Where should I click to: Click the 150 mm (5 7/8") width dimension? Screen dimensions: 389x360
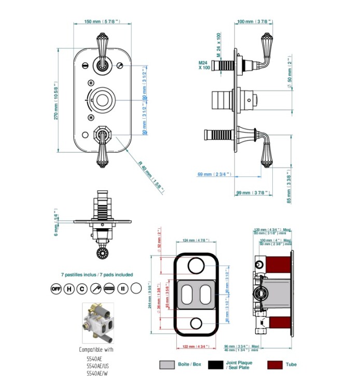click(102, 21)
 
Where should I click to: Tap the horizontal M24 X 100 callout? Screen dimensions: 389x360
click(204, 65)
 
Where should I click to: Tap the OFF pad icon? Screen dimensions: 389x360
click(56, 288)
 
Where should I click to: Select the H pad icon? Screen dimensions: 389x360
click(69, 288)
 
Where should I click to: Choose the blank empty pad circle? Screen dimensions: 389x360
click(136, 288)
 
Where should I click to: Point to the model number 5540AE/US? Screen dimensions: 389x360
click(99, 365)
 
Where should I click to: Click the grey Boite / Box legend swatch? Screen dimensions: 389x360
click(167, 365)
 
